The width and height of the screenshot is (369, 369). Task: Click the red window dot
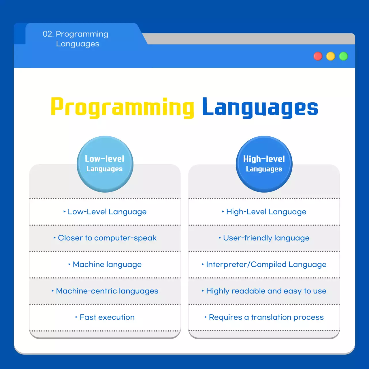318,56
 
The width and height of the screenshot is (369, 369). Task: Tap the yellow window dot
331,56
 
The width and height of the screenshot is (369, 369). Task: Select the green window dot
343,56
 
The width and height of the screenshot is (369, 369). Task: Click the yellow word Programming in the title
123,108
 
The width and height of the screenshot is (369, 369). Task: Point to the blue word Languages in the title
260,108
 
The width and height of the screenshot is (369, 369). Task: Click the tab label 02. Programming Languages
76,39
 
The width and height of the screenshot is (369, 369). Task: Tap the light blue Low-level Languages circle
105,164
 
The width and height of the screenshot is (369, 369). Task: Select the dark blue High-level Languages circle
264,164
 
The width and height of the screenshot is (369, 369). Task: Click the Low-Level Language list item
107,212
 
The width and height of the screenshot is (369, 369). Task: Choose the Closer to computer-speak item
107,238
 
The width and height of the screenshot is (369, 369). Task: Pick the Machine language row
107,265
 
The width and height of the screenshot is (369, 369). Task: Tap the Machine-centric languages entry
107,291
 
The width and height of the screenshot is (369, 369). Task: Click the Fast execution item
107,317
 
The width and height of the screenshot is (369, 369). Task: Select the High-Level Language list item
266,212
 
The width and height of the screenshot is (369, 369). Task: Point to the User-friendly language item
266,238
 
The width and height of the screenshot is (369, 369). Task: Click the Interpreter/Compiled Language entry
266,265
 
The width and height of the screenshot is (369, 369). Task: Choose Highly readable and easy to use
266,291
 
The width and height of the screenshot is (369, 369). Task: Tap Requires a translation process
266,317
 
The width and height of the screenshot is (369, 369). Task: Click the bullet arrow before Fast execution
76,317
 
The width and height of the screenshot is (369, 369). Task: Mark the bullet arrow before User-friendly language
220,238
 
